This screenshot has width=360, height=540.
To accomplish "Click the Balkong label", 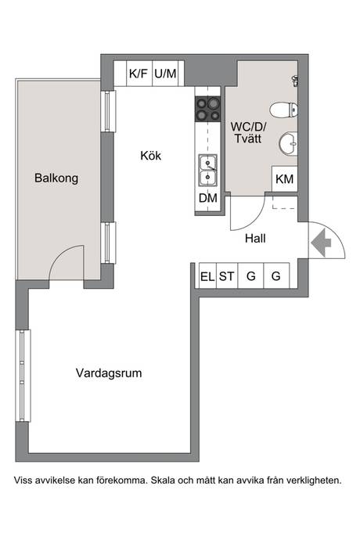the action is coord(56,178).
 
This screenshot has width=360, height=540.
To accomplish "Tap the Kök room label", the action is coord(150,156).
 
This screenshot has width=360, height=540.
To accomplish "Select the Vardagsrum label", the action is coord(109,373).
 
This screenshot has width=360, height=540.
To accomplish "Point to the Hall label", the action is coord(255,239).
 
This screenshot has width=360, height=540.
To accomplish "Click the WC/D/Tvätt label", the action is coord(248,132).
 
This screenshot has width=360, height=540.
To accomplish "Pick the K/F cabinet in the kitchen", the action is coord(139,74).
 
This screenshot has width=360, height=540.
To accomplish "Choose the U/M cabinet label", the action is coord(165,74).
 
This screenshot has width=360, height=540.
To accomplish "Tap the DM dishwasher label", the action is coord(208,198).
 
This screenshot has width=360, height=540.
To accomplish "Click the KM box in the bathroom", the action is coord(285,178).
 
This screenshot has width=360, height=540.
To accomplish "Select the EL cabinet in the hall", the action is coord(207,275).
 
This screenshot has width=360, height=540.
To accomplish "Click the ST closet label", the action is coord(226,276).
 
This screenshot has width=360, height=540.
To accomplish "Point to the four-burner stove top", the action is coord(207,109).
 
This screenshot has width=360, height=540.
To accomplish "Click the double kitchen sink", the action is coord(207,170).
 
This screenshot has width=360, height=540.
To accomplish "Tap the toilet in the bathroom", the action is coord(283,110).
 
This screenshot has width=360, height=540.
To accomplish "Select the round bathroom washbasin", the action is coord(288,143).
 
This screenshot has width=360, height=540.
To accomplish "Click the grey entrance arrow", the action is coord(321,243).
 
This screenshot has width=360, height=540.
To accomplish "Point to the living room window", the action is coord(23,376).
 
